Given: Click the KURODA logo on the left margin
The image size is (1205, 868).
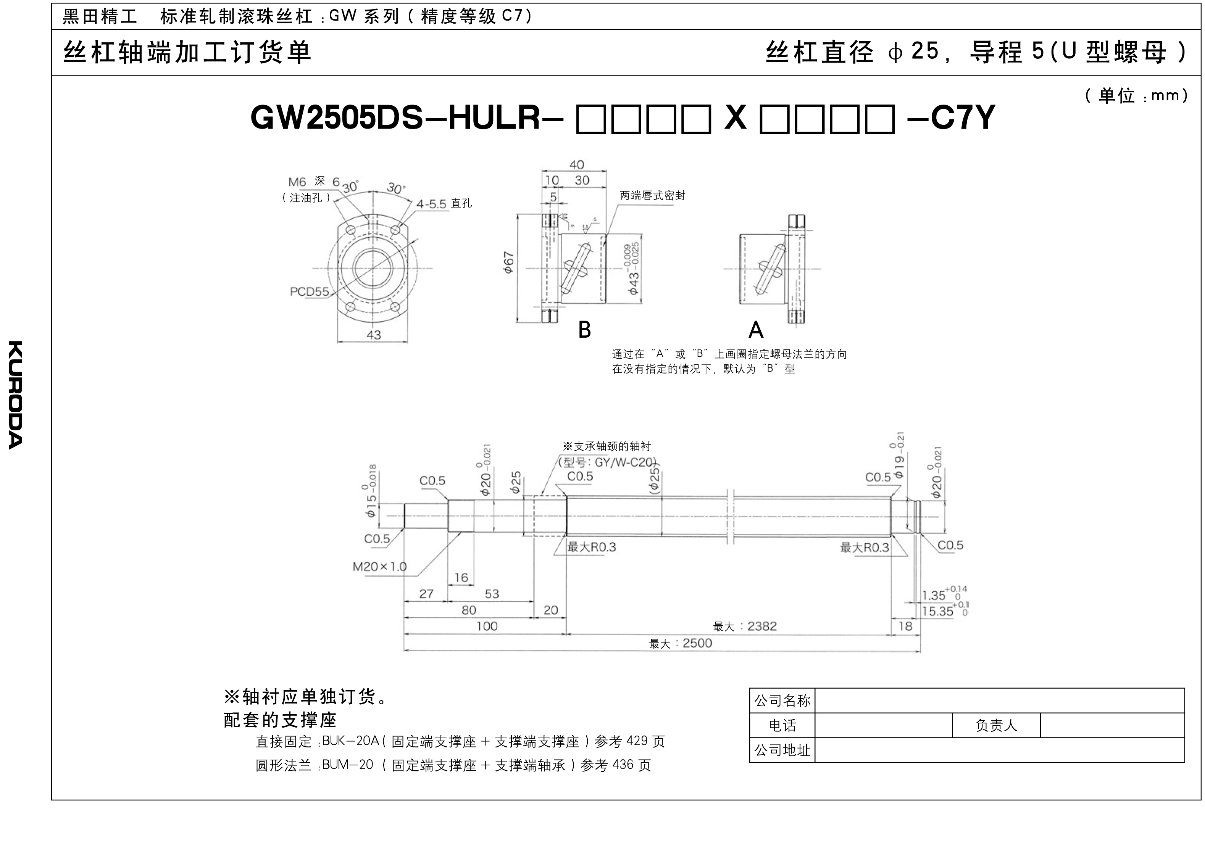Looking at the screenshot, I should [15, 394].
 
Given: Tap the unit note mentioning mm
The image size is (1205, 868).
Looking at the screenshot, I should [1136, 96].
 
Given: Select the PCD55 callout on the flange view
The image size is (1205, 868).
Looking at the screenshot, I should [309, 291].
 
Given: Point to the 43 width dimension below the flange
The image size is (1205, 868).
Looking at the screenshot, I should [374, 335].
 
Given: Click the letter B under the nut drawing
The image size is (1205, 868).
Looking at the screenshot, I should [584, 330].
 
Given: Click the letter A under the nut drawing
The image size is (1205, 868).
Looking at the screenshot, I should [755, 330].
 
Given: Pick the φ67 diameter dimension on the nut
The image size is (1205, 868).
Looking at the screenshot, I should [508, 262].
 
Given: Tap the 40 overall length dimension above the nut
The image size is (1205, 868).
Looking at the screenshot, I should [576, 165].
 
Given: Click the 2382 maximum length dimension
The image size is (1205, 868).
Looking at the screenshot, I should [761, 626].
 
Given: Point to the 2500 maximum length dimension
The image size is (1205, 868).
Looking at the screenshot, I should [697, 643].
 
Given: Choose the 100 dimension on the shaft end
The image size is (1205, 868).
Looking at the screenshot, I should [486, 626].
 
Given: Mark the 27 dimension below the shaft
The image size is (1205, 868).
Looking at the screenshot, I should [426, 594].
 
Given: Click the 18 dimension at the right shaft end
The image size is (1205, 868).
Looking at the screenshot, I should [905, 626].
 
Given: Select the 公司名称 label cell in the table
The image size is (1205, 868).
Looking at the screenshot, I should [782, 701].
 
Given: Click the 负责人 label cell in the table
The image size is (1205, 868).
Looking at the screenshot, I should [996, 726].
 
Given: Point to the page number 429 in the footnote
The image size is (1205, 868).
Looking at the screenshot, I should [637, 741].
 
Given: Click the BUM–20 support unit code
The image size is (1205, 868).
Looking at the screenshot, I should [348, 765].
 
